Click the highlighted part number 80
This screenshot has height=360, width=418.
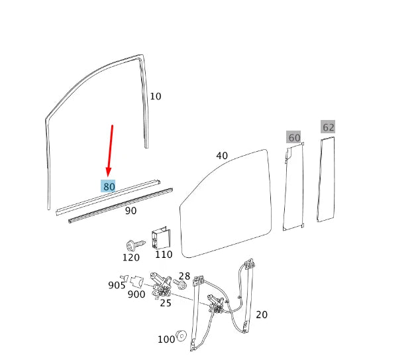[x=109, y=187]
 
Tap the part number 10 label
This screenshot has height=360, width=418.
[x=155, y=96]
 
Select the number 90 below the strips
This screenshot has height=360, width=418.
[x=131, y=211]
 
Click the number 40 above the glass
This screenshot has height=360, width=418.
[x=222, y=156]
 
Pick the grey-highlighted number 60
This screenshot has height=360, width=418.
[x=293, y=138]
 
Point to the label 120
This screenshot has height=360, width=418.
[x=131, y=257]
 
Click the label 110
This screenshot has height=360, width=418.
[x=163, y=255]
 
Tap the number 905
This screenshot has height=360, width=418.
[x=117, y=285]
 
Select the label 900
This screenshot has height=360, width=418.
[x=136, y=294]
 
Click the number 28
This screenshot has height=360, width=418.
[x=184, y=276]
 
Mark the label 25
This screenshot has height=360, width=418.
[x=166, y=303]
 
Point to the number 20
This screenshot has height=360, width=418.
[x=262, y=314]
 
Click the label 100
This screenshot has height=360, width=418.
[x=166, y=339]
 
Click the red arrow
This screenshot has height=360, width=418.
[x=110, y=150]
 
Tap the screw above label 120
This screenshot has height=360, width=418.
[x=131, y=243]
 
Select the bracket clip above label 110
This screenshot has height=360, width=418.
[x=160, y=237]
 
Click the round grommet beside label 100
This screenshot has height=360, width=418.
[x=181, y=337]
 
